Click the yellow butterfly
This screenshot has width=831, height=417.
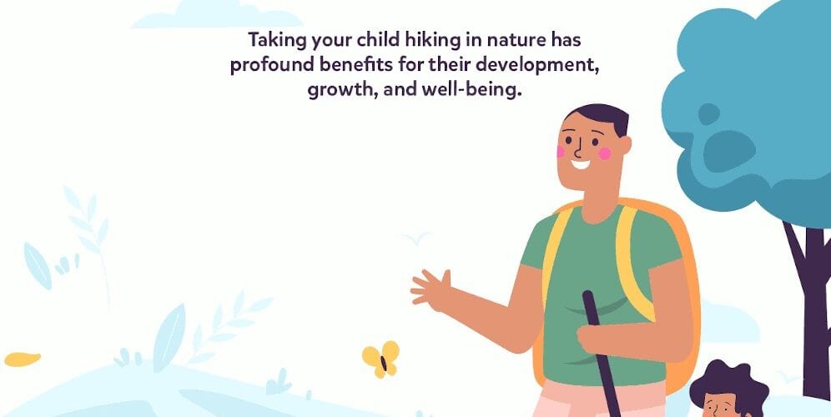[380, 359]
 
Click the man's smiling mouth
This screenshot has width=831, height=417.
[580, 163]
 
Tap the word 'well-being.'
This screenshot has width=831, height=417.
[471, 90]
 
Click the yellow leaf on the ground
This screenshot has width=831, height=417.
[23, 359]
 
